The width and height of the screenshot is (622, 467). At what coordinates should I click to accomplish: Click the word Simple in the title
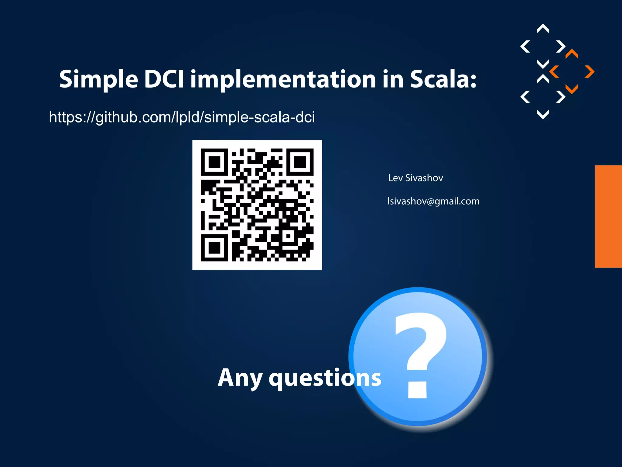(99, 80)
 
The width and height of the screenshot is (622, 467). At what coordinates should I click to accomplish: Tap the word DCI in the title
(164, 79)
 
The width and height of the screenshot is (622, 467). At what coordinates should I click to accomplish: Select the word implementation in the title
(283, 80)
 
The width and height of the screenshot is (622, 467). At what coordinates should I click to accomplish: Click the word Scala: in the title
(443, 79)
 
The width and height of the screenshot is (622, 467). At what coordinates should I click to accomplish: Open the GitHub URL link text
(182, 117)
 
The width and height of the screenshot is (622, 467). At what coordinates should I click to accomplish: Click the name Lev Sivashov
(415, 178)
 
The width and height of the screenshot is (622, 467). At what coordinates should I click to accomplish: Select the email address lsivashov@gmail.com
(433, 201)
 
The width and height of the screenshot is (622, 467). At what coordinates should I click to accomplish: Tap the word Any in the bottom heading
(240, 378)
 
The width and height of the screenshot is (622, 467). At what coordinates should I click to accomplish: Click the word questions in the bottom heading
(325, 378)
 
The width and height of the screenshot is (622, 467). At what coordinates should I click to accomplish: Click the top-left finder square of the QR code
(214, 162)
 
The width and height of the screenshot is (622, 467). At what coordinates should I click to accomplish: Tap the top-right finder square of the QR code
(300, 162)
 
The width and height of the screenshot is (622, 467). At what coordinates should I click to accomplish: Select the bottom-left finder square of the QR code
(214, 248)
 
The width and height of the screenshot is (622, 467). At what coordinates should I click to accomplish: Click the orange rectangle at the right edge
(608, 216)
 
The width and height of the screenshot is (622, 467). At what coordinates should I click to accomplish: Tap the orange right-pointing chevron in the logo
(590, 72)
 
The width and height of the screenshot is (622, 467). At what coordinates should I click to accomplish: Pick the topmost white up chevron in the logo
(543, 28)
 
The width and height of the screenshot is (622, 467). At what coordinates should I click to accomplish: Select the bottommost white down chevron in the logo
(543, 115)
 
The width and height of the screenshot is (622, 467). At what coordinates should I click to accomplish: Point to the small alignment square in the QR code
(288, 236)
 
